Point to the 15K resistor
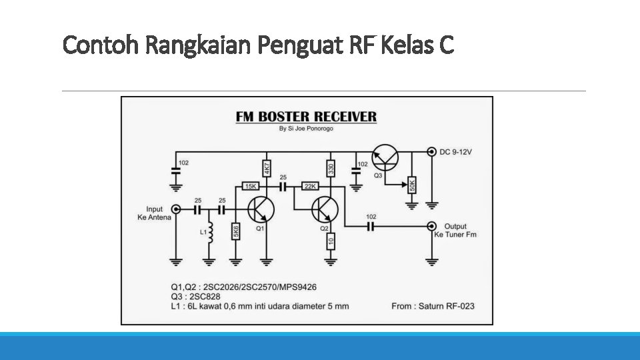[x=250, y=187]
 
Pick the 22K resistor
[x=311, y=187]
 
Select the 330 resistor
[x=331, y=168]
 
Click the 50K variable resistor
[x=412, y=184]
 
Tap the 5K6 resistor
[x=236, y=231]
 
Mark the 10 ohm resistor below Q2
[x=331, y=240]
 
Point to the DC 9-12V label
[x=456, y=153]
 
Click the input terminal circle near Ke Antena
[x=176, y=209]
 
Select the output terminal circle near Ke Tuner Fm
[x=432, y=226]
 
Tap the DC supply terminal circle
[x=432, y=152]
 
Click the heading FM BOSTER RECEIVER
[x=306, y=117]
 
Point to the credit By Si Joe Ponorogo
[x=307, y=129]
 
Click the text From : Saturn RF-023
[x=433, y=307]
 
